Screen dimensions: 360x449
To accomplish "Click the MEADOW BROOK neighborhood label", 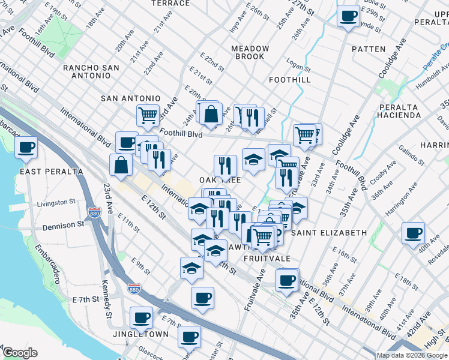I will (249, 52).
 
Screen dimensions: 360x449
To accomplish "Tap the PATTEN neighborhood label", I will (369, 49).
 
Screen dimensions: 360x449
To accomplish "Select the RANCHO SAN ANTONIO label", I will (100, 68).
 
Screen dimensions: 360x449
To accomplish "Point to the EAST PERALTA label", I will (52, 172).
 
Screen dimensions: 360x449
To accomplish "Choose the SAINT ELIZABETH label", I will (328, 232).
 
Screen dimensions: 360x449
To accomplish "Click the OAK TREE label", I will (220, 180).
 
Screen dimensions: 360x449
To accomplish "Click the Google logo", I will (19, 353).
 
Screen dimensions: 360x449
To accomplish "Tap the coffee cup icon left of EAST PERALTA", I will (26, 148).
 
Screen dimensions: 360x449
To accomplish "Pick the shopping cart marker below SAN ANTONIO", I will (148, 115).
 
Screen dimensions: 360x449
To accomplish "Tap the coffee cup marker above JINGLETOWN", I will (142, 317).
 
